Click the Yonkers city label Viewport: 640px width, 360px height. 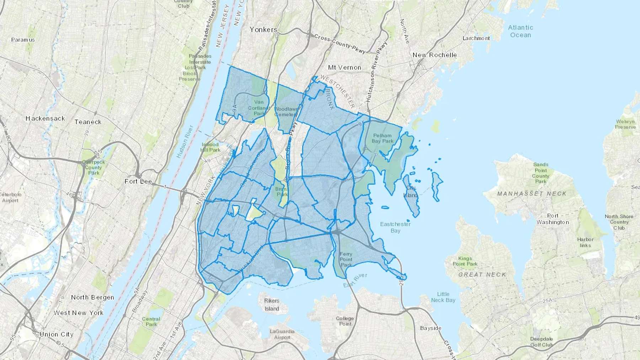tap(263, 29)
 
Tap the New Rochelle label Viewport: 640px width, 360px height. tap(434, 55)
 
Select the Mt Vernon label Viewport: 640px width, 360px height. tap(344, 68)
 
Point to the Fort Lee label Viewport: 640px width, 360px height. tap(138, 182)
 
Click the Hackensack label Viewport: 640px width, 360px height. tap(45, 118)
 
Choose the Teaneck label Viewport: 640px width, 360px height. tap(88, 122)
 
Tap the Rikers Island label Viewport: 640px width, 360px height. tap(272, 305)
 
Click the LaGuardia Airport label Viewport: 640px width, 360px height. tap(282, 334)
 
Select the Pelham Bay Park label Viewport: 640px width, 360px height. tap(383, 138)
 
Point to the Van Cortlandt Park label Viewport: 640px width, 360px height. tap(259, 108)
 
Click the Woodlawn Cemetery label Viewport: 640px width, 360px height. tap(286, 112)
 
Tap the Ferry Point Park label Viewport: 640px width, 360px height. tap(346, 259)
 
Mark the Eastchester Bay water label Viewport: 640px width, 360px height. tap(395, 227)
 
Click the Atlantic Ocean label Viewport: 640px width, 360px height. tap(520, 31)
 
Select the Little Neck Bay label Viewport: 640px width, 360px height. tap(443, 297)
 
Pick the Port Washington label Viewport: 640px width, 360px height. tap(553, 219)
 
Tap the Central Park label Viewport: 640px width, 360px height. tap(151, 322)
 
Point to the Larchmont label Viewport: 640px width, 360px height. tap(476, 38)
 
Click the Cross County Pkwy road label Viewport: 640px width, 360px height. tap(340, 44)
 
